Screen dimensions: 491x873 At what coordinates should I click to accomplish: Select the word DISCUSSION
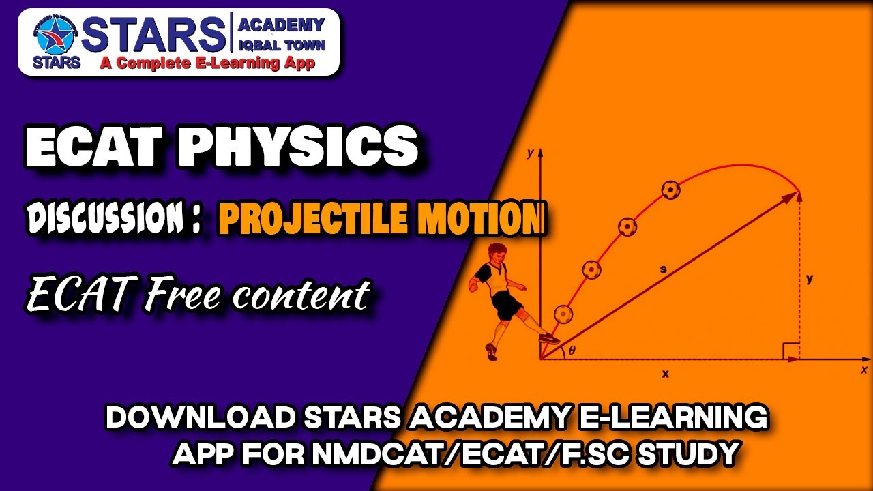[106, 219]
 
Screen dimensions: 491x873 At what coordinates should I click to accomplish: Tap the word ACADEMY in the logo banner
[280, 25]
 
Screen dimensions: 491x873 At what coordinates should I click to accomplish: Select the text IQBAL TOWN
[280, 46]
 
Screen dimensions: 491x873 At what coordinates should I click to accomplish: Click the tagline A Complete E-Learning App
[207, 63]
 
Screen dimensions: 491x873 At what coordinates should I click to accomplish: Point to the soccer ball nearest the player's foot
[563, 314]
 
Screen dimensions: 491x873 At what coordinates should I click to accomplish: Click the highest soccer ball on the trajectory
[671, 190]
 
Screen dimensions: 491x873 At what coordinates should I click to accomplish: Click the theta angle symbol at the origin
[572, 351]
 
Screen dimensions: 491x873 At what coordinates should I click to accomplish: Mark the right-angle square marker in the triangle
[790, 351]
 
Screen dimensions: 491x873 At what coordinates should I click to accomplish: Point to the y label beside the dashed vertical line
[810, 278]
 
